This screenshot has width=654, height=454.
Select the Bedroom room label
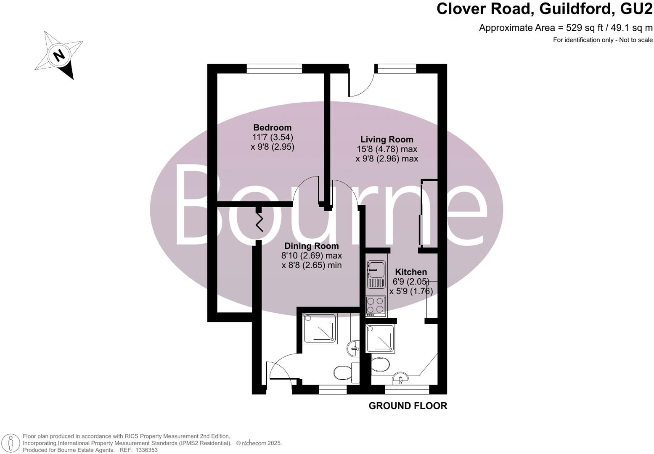coord(272,127)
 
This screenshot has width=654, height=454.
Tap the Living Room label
coord(387,140)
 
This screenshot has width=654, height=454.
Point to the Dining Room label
coord(311,246)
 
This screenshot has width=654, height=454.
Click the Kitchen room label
coord(411,272)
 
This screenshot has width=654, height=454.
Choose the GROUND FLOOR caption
coord(408,406)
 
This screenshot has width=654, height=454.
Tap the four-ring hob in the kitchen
coord(376,306)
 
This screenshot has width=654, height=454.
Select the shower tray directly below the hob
coord(381,339)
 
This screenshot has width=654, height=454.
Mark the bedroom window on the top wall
coord(274,68)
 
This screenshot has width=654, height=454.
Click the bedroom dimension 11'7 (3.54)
coord(272,137)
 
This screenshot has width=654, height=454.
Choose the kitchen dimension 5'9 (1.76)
coord(411,291)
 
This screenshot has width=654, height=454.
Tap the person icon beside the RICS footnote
coord(11,443)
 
